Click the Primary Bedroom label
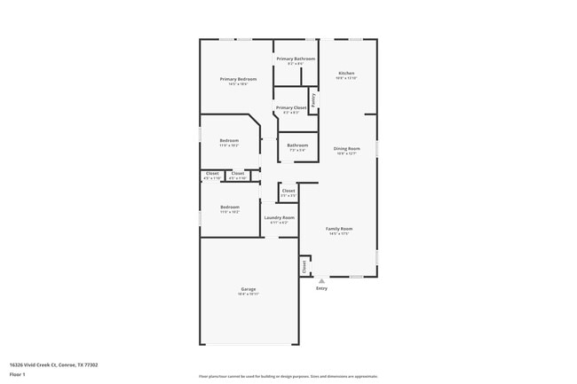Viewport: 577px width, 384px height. pos(239,79)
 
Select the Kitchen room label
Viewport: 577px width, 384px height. pos(346,73)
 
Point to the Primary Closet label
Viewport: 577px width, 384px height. pos(292,107)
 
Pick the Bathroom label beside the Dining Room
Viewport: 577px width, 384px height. pos(296,145)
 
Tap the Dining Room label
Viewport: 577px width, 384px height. pos(346,148)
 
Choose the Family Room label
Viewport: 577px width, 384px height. pos(339,229)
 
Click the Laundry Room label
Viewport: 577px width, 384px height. pos(279,217)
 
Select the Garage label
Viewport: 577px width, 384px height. pos(248,289)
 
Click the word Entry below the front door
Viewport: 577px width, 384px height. pos(321,288)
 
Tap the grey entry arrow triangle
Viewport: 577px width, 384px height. pos(321,280)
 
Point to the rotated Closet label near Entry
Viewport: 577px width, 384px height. pos(304,265)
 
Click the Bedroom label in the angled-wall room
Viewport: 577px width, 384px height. pos(229,140)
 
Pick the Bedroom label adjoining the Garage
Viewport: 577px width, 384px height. pos(229,207)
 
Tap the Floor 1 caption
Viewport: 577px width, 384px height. pos(16,374)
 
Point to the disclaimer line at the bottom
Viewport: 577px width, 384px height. pos(288,376)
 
